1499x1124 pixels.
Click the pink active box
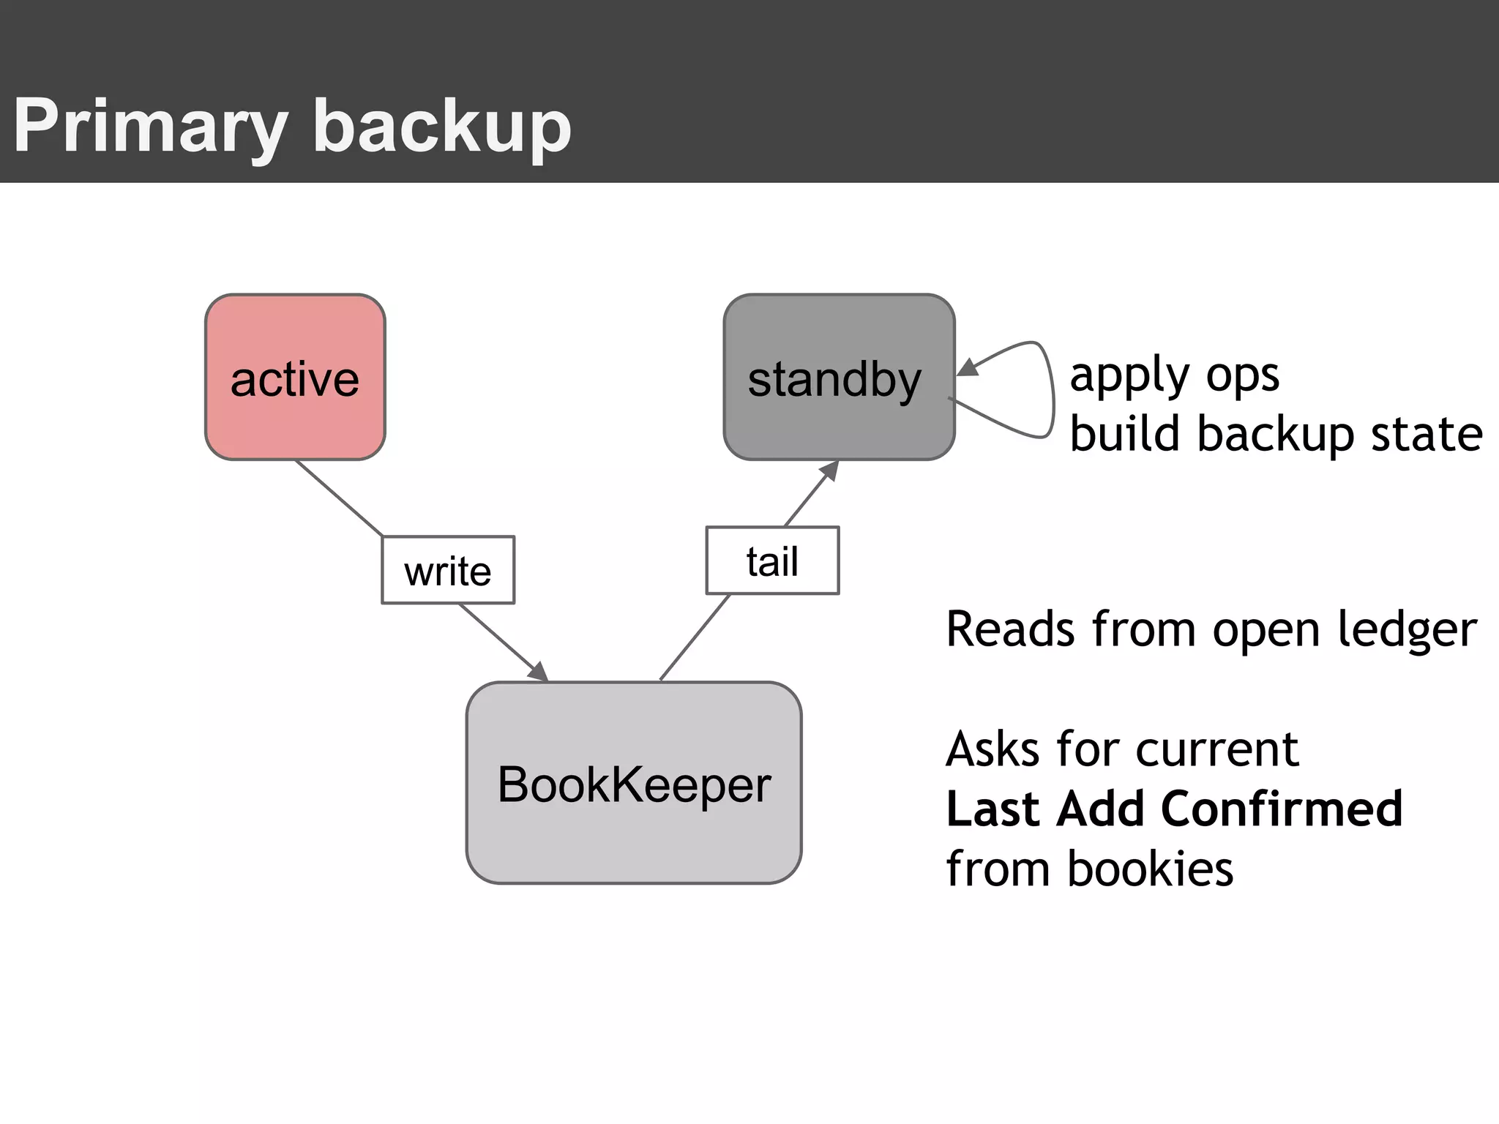pyautogui.click(x=295, y=377)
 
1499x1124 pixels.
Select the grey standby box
pyautogui.click(x=839, y=377)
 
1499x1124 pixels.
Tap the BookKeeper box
pyautogui.click(x=634, y=783)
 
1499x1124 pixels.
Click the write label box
pyautogui.click(x=448, y=570)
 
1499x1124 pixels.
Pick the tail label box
pyautogui.click(x=772, y=561)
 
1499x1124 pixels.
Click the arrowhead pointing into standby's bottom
pyautogui.click(x=830, y=470)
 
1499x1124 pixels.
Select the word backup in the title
pyautogui.click(x=442, y=126)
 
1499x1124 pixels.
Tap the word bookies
pyautogui.click(x=1150, y=869)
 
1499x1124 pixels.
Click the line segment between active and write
pyautogui.click(x=338, y=498)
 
